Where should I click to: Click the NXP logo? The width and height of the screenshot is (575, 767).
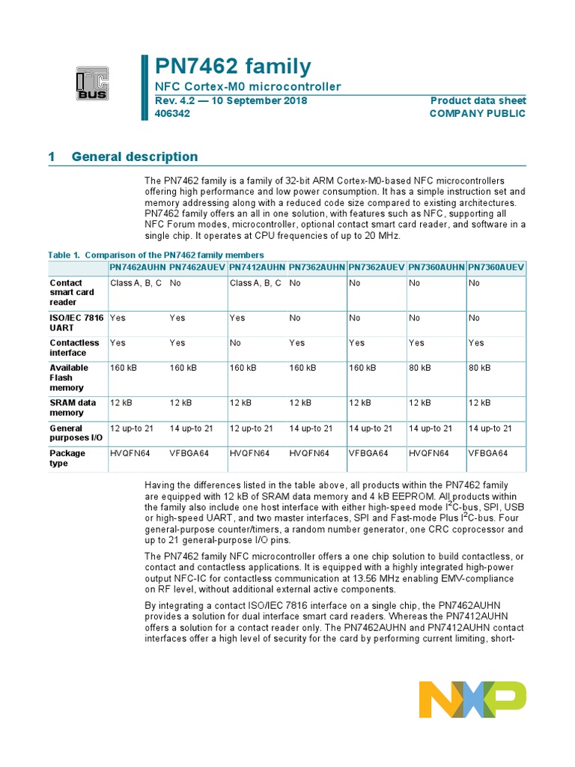472,699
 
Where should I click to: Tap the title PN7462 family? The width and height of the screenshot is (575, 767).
233,66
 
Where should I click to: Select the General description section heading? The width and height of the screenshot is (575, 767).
135,157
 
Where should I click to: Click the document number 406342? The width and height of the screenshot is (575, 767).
172,114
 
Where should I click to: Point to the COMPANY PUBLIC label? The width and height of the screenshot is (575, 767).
477,114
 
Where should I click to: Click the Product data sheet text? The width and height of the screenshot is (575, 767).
478,100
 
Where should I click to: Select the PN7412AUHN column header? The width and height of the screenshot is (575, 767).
258,267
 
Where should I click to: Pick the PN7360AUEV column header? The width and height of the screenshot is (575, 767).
496,267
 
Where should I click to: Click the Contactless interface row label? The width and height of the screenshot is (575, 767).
74,348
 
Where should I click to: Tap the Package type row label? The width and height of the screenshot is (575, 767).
68,458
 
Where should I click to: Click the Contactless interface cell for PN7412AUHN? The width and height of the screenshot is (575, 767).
237,343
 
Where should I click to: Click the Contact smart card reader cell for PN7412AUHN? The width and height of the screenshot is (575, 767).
255,283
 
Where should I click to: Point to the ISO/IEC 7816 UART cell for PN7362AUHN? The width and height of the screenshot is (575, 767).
295,318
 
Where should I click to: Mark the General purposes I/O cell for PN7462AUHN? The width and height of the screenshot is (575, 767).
132,428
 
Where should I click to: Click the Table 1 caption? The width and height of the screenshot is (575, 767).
156,255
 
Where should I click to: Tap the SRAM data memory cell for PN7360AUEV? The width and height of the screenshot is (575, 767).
479,403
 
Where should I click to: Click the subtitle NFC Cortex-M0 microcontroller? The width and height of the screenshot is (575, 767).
248,87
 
